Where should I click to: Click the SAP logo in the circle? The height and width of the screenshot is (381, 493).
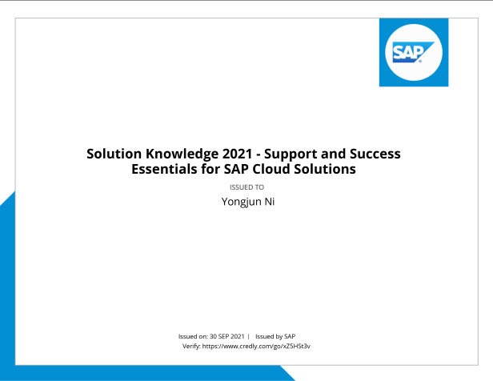pyautogui.click(x=413, y=52)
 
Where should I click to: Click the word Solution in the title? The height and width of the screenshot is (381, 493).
pyautogui.click(x=114, y=154)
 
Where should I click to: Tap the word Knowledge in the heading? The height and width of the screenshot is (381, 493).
pyautogui.click(x=182, y=154)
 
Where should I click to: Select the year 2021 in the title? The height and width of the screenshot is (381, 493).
pyautogui.click(x=238, y=154)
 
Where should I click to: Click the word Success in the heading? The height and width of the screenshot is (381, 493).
pyautogui.click(x=375, y=154)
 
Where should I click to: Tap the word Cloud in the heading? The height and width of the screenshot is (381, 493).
pyautogui.click(x=271, y=169)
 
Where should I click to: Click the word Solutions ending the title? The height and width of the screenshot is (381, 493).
pyautogui.click(x=325, y=169)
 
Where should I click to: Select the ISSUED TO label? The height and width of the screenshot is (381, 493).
pyautogui.click(x=246, y=187)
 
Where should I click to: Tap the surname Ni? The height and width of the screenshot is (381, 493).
pyautogui.click(x=270, y=202)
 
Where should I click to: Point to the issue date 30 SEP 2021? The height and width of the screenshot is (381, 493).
pyautogui.click(x=227, y=336)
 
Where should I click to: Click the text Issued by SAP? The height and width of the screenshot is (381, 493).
pyautogui.click(x=275, y=336)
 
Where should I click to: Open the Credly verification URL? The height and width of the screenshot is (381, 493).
pyautogui.click(x=256, y=346)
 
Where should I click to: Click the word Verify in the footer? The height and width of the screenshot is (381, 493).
pyautogui.click(x=191, y=346)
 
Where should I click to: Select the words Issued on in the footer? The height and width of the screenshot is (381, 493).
pyautogui.click(x=193, y=336)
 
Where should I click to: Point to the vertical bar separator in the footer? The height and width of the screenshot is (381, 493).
pyautogui.click(x=248, y=336)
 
